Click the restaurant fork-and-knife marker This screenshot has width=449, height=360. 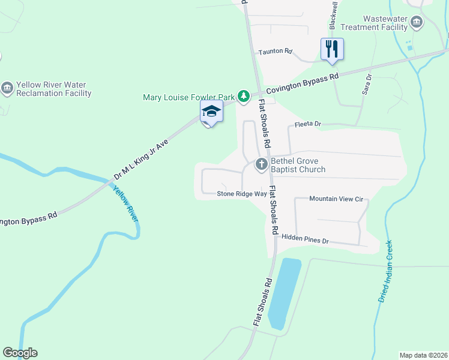click(x=332, y=49)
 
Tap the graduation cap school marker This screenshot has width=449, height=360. click(x=211, y=112)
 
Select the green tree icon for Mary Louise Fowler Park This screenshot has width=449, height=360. click(x=243, y=96)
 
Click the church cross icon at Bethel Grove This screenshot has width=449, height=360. click(x=262, y=164)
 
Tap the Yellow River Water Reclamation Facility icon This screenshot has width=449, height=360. click(x=7, y=89)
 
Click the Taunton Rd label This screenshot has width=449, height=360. click(x=275, y=52)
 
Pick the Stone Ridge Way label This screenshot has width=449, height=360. click(x=241, y=194)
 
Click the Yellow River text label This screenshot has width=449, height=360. click(x=125, y=204)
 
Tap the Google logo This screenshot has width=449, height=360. click(x=20, y=353)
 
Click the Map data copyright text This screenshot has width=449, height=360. click(x=423, y=355)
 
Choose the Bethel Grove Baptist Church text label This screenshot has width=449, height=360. click(x=298, y=165)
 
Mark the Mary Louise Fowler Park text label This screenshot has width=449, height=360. click(x=188, y=97)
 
